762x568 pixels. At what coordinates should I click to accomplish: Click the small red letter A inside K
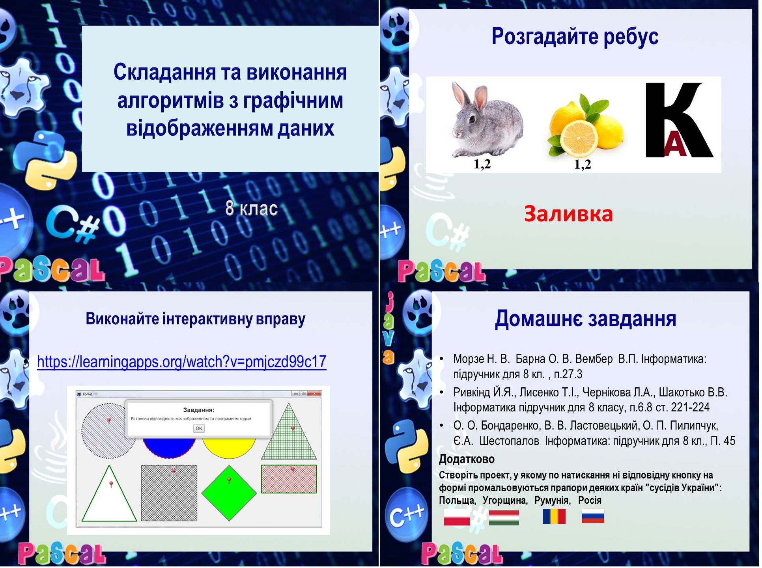click(x=676, y=145)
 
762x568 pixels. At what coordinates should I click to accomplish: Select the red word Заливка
click(x=568, y=214)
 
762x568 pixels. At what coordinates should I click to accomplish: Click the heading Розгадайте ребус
click(x=575, y=37)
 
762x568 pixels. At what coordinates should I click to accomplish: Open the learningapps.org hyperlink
click(x=181, y=362)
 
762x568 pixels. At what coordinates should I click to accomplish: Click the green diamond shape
click(x=229, y=493)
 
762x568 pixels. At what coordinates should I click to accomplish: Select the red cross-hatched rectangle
click(x=289, y=479)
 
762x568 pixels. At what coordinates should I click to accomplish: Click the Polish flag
click(x=457, y=517)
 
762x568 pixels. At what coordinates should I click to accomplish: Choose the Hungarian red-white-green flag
click(x=504, y=517)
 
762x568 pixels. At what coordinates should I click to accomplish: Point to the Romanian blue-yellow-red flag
click(x=554, y=516)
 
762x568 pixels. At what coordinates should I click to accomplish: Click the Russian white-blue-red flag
click(x=593, y=516)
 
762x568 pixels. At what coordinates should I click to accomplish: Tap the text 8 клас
click(x=252, y=209)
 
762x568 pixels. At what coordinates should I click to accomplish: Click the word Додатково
click(x=467, y=459)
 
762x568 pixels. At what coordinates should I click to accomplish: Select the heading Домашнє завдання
click(x=585, y=319)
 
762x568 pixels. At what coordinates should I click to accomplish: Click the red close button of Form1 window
click(x=315, y=394)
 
